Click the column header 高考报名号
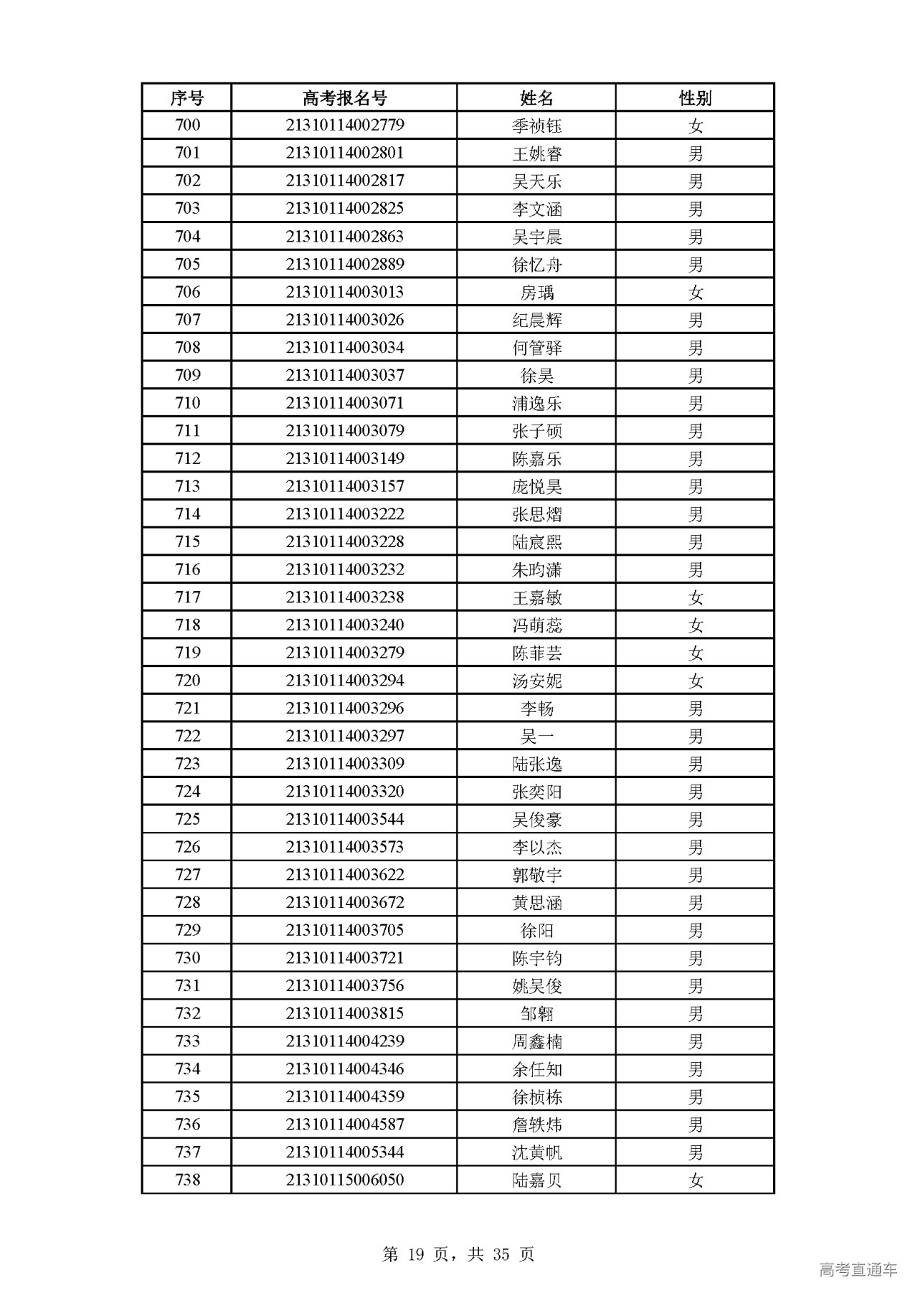pyautogui.click(x=344, y=98)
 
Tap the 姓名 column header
pyautogui.click(x=536, y=98)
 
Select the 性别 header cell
pyautogui.click(x=695, y=98)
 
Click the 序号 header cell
pyautogui.click(x=186, y=98)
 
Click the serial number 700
pyautogui.click(x=187, y=125)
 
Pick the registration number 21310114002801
pyautogui.click(x=344, y=153)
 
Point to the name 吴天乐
pyautogui.click(x=536, y=181)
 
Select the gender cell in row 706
pyautogui.click(x=695, y=293)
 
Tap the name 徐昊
pyautogui.click(x=536, y=376)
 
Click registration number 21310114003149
pyautogui.click(x=344, y=459)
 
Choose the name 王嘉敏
pyautogui.click(x=536, y=598)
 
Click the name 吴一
pyautogui.click(x=536, y=736)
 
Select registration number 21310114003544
pyautogui.click(x=344, y=820)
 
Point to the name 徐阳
pyautogui.click(x=536, y=931)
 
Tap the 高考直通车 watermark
pyautogui.click(x=857, y=1270)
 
